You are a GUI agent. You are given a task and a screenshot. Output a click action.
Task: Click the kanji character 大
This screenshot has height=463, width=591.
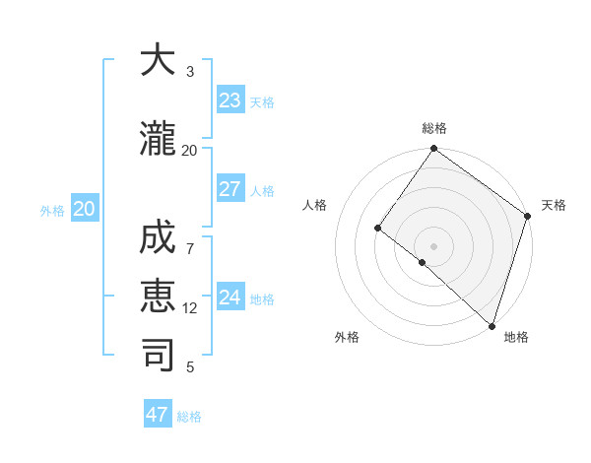(158, 61)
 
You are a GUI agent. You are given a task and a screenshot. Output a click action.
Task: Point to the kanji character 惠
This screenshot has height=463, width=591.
(158, 298)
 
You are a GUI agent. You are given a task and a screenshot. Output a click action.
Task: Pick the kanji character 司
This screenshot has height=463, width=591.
(158, 356)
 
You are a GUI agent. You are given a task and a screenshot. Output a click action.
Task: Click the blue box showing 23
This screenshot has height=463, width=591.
(230, 100)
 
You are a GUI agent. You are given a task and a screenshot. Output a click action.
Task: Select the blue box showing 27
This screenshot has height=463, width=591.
(230, 189)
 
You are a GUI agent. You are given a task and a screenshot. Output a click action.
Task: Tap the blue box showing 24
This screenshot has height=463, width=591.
(230, 298)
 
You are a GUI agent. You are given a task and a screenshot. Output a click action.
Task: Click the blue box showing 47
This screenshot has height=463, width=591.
(158, 415)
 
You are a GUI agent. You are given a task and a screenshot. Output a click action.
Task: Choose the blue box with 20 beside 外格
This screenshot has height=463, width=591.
(85, 209)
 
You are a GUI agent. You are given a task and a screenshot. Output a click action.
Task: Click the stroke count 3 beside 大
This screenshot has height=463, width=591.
(190, 72)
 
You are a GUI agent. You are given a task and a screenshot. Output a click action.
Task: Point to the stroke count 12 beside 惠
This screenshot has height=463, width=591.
(190, 308)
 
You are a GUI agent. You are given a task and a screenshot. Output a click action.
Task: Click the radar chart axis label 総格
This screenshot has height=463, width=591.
(434, 128)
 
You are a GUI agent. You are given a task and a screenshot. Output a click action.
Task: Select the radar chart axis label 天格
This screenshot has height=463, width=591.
(554, 205)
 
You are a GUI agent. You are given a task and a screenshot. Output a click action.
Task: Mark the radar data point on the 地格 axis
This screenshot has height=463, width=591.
(492, 325)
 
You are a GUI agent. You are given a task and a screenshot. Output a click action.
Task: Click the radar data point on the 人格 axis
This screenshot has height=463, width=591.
(378, 228)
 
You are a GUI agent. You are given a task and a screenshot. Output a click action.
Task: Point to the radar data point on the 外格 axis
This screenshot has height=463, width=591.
(423, 262)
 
